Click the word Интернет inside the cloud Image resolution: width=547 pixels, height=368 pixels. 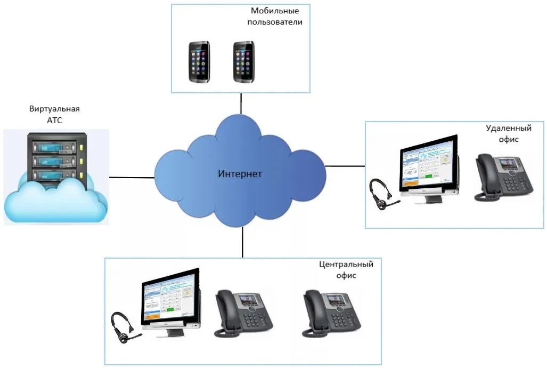240,174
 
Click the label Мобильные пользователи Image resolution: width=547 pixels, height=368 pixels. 276,17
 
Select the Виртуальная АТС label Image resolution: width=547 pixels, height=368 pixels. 54,115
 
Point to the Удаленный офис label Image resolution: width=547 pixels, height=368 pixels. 502,133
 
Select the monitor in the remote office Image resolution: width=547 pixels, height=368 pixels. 429,165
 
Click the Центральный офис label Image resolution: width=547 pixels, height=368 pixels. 346,270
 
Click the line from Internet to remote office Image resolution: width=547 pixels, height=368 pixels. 345,166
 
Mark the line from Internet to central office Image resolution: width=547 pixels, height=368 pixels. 242,242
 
